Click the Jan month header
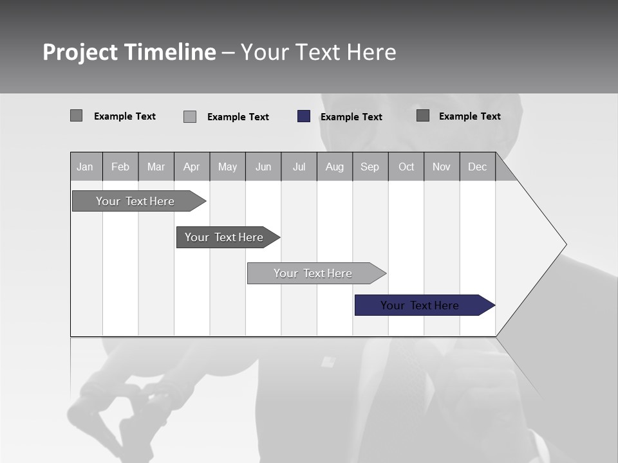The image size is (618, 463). [86, 167]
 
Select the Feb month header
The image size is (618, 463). [120, 167]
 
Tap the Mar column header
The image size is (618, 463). [156, 167]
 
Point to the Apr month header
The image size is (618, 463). [192, 167]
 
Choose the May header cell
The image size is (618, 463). [227, 167]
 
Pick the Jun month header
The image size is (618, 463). [263, 167]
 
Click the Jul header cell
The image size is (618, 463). [299, 167]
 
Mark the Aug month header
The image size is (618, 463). [335, 167]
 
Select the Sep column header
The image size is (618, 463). [370, 167]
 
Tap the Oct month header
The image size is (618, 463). [406, 167]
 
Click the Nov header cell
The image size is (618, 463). [442, 167]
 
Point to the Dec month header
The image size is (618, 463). [478, 167]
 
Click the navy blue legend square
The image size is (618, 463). [304, 116]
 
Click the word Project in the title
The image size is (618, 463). [80, 52]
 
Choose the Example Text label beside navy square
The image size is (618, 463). [351, 117]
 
